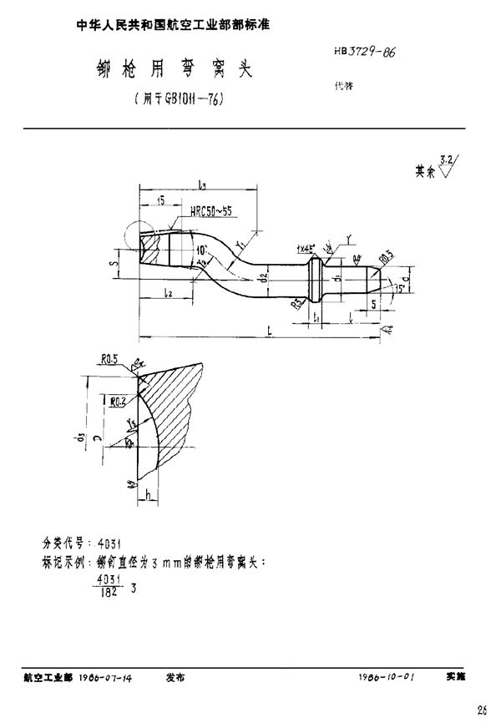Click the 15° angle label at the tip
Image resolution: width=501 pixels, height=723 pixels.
(400, 288)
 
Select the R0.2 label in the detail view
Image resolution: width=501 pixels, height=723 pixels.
(118, 402)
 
